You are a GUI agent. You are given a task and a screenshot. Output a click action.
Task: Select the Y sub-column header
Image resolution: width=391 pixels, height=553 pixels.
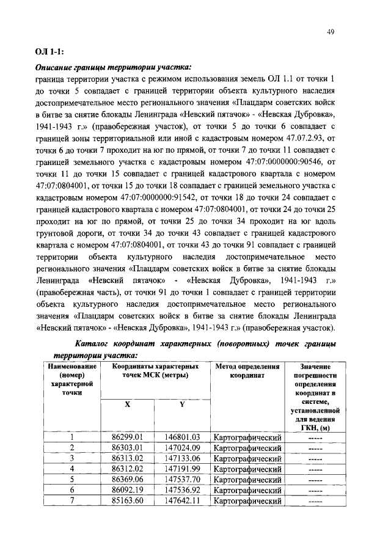click(181, 405)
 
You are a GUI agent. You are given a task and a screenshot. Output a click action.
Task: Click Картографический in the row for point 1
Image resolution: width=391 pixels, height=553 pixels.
click(247, 438)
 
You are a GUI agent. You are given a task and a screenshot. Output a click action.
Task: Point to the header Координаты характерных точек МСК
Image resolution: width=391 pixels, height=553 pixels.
click(154, 371)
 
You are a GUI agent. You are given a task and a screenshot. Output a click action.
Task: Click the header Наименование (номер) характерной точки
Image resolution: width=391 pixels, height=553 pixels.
click(71, 379)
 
